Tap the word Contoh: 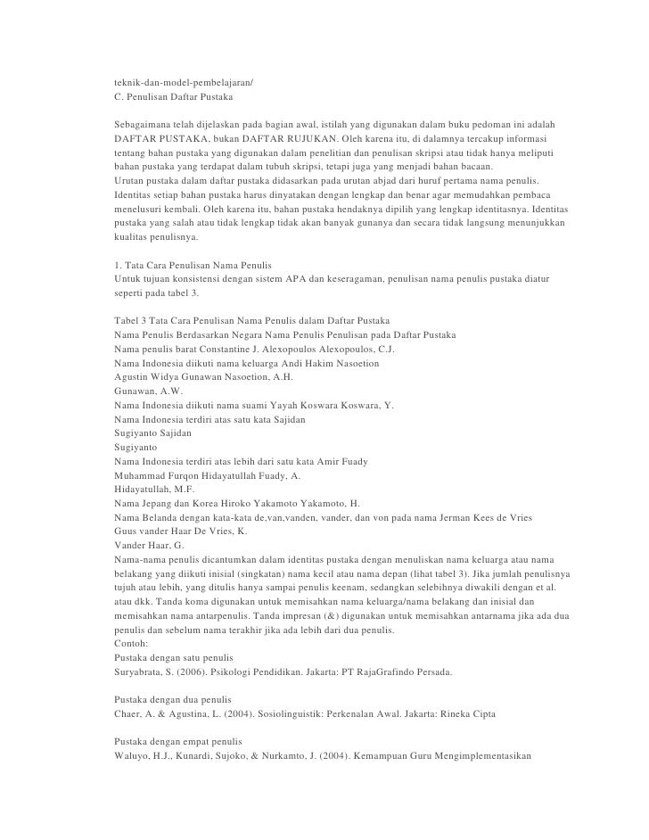click(x=135, y=644)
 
